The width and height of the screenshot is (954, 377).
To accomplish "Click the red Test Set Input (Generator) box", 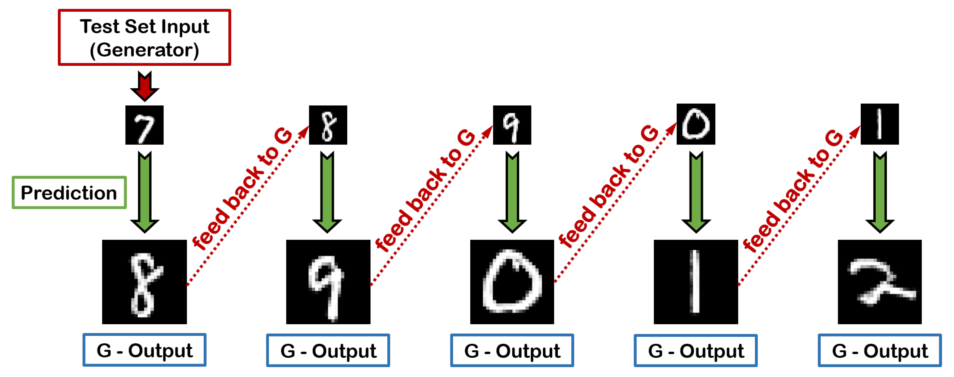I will tap(144, 37).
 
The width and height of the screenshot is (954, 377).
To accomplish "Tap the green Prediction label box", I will tap(69, 193).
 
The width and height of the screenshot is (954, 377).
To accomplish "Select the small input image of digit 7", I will tap(144, 125).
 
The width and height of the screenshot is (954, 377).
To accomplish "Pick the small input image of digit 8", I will tap(328, 125).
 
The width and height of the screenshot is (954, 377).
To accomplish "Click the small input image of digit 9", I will tap(512, 125).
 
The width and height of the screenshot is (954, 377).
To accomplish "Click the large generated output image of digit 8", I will tap(144, 282).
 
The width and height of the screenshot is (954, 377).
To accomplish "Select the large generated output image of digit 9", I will tap(328, 282).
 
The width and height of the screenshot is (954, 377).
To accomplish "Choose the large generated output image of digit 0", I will tap(512, 282).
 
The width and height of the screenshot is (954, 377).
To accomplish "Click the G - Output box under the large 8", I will tap(144, 350).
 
